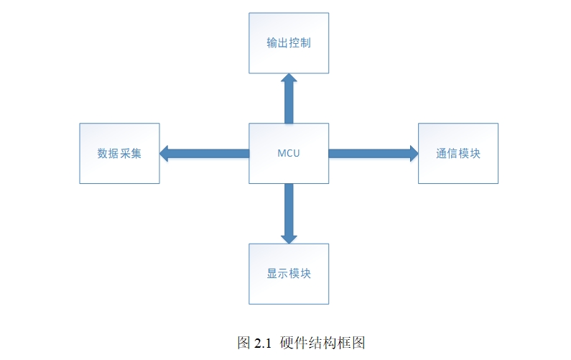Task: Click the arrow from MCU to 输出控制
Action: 289,101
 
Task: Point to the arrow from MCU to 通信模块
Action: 370,153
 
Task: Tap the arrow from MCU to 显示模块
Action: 289,212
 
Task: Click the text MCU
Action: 289,153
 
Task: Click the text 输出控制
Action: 289,43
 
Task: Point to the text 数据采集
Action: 119,153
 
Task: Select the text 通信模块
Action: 458,153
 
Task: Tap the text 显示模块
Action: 289,274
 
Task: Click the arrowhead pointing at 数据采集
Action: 164,153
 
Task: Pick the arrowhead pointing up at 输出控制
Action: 289,78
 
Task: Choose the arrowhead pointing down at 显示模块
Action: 289,237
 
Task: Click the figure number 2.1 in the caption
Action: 263,343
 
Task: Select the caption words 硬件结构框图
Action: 322,343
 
